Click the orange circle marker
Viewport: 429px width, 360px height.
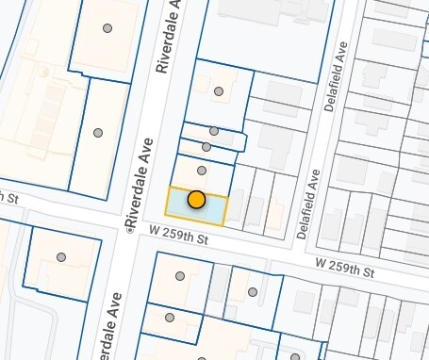click(x=196, y=200)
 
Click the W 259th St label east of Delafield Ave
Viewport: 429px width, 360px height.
click(x=344, y=268)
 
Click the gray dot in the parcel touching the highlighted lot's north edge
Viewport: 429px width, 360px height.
click(x=202, y=171)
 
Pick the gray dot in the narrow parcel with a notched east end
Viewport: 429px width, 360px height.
click(x=214, y=131)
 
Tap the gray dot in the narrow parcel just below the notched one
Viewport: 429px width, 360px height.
click(x=206, y=147)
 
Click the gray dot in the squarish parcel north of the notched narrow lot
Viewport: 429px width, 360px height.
click(x=219, y=91)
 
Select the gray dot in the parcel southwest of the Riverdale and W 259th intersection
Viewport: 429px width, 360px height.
click(x=61, y=256)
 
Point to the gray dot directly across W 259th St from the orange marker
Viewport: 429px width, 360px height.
click(x=180, y=276)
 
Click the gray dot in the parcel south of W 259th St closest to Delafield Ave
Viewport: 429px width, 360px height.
click(x=253, y=292)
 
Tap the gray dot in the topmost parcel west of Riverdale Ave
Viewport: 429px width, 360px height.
click(x=107, y=28)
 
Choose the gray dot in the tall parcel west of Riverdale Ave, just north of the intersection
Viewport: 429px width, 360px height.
click(x=97, y=133)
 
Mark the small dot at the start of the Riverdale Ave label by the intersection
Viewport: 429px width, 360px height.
click(x=126, y=229)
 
